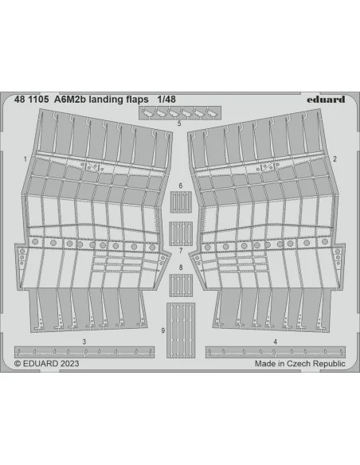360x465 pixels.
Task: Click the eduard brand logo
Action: (326, 100)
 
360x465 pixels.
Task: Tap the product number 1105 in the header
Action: (38, 100)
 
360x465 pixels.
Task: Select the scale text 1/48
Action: (166, 100)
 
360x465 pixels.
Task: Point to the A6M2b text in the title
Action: (70, 100)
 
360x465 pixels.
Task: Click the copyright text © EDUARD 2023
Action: (46, 364)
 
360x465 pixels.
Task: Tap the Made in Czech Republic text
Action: (300, 364)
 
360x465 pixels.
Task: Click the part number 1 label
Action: (25, 159)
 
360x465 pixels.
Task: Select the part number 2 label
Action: (335, 159)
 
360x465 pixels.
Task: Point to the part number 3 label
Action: (84, 342)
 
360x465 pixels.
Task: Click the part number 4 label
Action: (276, 342)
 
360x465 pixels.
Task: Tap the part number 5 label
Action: (179, 123)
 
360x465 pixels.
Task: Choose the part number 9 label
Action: (162, 330)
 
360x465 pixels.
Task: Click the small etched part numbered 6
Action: (181, 202)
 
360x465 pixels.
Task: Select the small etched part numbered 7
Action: (181, 233)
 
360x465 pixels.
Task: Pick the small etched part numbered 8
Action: (181, 285)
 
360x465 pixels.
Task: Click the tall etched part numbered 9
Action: (181, 330)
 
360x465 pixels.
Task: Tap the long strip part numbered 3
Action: (84, 352)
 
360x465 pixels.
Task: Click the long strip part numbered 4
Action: (276, 352)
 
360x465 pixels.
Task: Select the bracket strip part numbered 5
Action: (180, 113)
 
